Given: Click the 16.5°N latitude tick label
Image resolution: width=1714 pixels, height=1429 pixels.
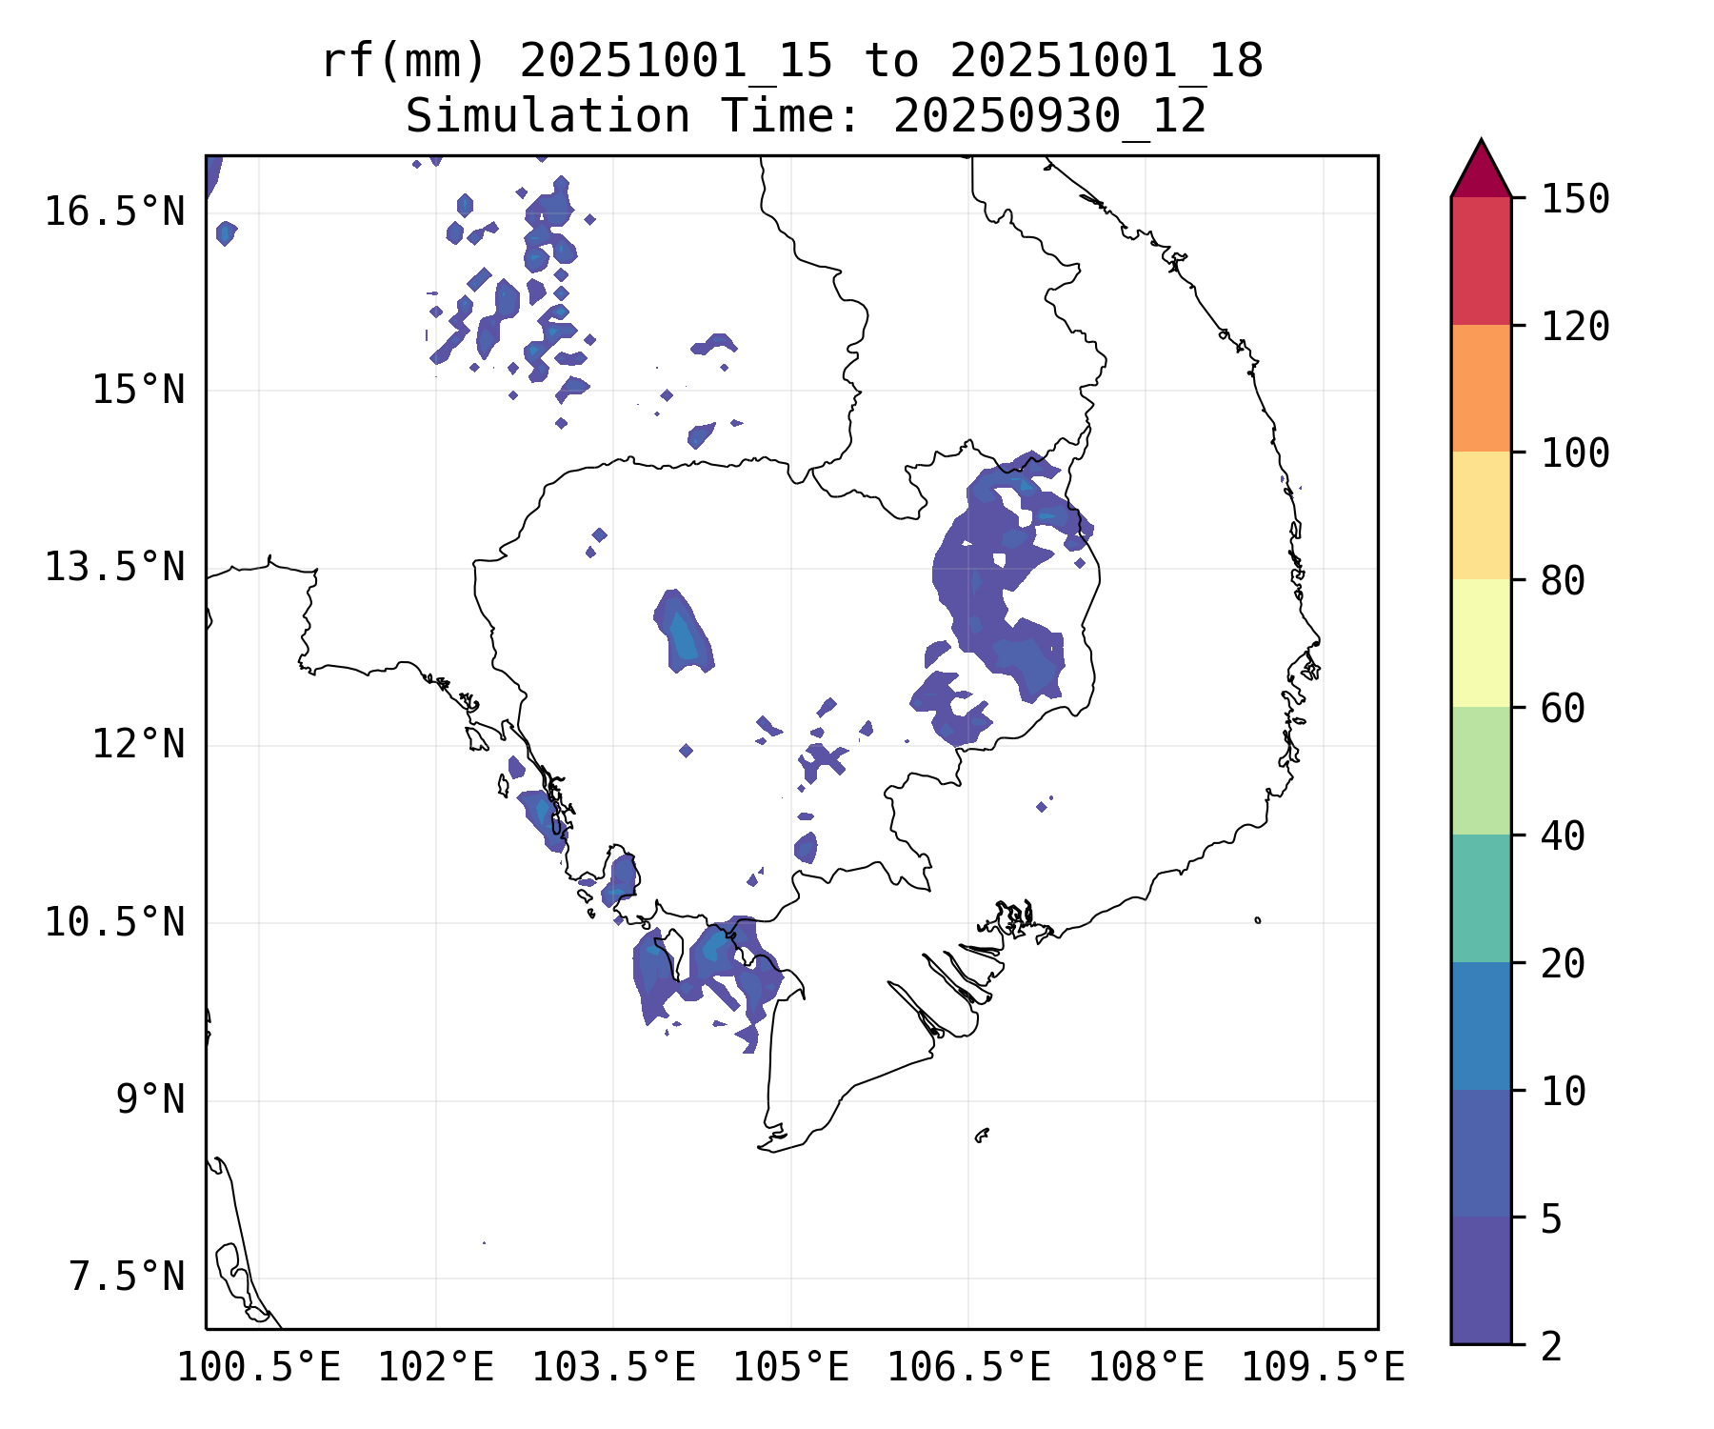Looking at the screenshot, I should coord(114,211).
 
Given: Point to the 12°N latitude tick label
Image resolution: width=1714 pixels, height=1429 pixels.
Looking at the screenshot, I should coord(137,744).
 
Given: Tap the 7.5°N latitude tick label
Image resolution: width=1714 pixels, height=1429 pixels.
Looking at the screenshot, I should coord(127,1278).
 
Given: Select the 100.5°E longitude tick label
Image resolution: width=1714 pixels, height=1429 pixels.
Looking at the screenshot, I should coord(259,1368).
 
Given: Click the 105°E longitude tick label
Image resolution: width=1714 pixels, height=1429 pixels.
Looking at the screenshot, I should coord(790,1368).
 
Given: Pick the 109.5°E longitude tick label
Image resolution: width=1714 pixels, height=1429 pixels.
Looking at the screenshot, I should coord(1323,1368).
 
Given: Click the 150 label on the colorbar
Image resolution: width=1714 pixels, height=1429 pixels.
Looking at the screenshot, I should coord(1575,200).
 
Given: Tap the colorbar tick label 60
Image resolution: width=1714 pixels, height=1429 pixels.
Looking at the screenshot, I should coord(1563,709).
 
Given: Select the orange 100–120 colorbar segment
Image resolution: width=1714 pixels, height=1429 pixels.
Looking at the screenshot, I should coord(1481,388).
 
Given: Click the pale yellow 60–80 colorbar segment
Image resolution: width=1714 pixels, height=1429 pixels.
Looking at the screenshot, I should coord(1481,643).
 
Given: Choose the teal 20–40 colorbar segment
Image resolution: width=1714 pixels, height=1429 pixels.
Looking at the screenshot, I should coord(1481,897).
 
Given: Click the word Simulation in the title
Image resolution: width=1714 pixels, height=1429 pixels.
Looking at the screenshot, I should coord(548,117).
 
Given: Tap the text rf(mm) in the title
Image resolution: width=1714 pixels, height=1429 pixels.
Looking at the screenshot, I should coord(404,62).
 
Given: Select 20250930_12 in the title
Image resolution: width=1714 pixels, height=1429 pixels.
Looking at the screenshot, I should coord(1049,117).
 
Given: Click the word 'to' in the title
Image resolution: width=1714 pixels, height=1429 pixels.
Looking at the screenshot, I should coord(891,62).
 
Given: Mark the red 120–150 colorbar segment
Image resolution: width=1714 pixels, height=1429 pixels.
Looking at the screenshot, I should coord(1481,260).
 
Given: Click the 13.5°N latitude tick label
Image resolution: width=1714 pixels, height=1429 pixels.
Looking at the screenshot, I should coord(114,568).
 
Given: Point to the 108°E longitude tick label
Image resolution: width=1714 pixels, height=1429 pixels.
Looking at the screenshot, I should coord(1146,1368).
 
